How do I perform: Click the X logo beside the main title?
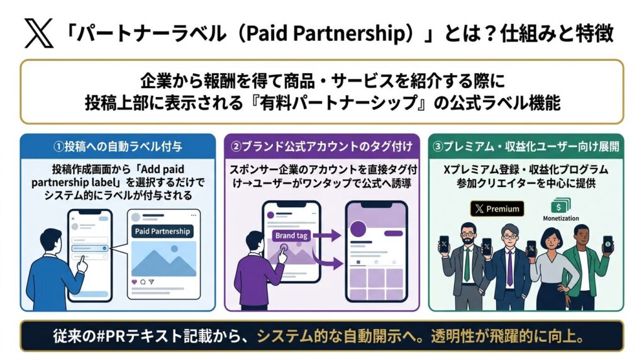pyautogui.click(x=38, y=33)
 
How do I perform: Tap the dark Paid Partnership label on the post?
pyautogui.click(x=162, y=231)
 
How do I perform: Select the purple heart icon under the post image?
pyautogui.click(x=134, y=281)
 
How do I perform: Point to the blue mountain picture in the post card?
pyautogui.click(x=162, y=259)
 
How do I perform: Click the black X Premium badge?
pyautogui.click(x=497, y=209)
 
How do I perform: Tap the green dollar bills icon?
pyautogui.click(x=557, y=206)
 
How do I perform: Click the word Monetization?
pyautogui.click(x=560, y=219)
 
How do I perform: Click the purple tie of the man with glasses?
pyautogui.click(x=509, y=267)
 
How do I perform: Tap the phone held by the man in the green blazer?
pyautogui.click(x=607, y=244)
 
